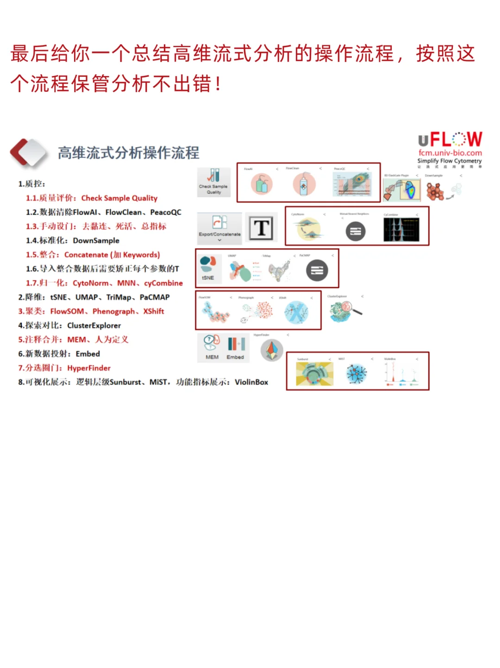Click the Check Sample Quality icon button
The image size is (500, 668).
[213, 181]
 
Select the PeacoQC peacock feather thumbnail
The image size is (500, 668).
[352, 184]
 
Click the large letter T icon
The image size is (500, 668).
[261, 227]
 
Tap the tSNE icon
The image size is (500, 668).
[208, 269]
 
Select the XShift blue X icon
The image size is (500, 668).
[296, 312]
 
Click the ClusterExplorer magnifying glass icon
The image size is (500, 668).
[345, 311]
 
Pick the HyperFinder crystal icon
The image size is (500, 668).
[272, 350]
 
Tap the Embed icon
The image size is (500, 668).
[236, 347]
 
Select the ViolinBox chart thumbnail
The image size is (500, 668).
[401, 373]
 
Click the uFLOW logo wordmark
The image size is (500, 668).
[450, 139]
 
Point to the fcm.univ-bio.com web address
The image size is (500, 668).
[450, 153]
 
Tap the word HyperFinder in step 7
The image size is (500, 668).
[89, 368]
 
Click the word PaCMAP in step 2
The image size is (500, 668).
[155, 297]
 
